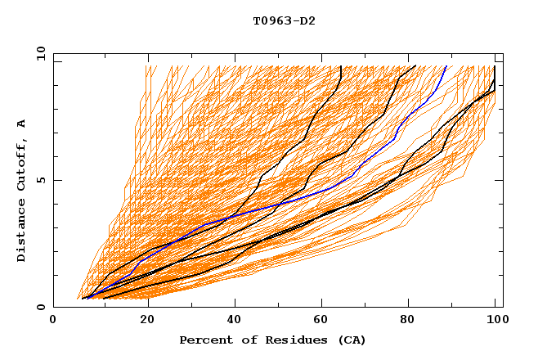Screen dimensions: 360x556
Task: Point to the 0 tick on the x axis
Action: (53, 320)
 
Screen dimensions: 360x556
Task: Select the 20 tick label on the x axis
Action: (141, 320)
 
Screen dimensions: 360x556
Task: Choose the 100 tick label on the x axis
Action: (495, 320)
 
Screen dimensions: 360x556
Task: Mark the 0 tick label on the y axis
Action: (40, 308)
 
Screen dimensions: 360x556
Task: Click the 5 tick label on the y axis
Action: (40, 180)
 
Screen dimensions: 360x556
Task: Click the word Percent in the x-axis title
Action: (202, 340)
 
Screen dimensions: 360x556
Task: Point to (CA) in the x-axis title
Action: (352, 340)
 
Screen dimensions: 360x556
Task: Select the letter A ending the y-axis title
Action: (21, 124)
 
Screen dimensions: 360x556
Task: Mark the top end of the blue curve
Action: (446, 66)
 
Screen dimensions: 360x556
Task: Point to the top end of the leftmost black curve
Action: (340, 66)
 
